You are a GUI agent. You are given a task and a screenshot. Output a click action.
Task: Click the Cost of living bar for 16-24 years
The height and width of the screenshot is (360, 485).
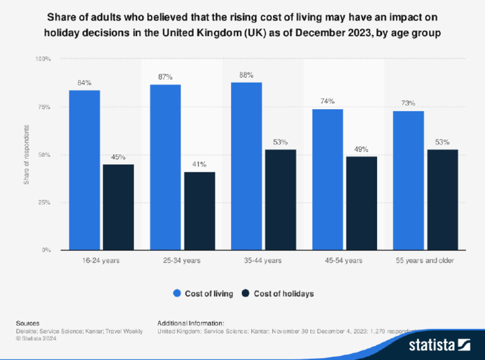point(84,170)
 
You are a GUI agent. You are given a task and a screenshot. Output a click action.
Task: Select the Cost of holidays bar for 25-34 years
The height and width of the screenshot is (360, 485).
point(200,211)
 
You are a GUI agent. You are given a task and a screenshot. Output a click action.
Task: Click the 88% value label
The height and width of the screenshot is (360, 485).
point(246,75)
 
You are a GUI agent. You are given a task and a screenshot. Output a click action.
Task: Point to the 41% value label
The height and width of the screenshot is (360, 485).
point(200,164)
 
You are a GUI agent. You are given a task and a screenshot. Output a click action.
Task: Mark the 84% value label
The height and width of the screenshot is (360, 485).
point(84,83)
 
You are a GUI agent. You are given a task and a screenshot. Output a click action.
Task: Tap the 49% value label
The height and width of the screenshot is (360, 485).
point(361,149)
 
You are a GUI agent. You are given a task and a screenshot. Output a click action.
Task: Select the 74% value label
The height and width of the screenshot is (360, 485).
point(327,102)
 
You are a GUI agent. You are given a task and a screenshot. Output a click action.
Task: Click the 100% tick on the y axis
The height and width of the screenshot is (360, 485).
point(42,59)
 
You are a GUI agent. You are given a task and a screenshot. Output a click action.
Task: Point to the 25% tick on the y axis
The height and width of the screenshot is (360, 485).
point(44,203)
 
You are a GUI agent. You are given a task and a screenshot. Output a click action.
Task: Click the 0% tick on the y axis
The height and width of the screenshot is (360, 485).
point(46,250)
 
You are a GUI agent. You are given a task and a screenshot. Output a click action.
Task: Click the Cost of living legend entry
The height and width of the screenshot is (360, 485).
point(203,293)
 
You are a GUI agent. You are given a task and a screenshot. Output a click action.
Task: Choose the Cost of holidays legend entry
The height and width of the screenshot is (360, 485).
point(278,293)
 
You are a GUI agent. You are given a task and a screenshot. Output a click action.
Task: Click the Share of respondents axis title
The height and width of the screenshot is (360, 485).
point(27,155)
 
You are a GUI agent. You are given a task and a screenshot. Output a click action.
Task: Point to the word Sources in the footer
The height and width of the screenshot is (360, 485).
point(27,323)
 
